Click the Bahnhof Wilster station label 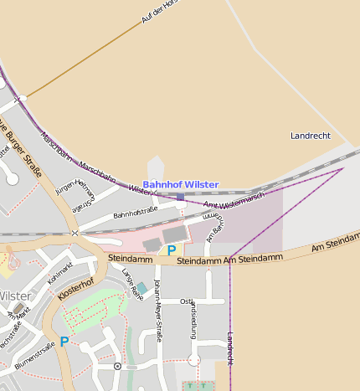coord(180,184)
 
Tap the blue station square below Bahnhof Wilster coord(180,198)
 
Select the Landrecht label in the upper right coord(310,136)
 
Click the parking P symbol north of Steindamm coord(172,250)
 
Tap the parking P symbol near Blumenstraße coord(64,342)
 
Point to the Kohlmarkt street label coord(59,273)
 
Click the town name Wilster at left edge coord(15,296)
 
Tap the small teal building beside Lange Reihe coord(141,288)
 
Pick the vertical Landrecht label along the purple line coord(230,347)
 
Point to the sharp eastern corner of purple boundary coord(343,168)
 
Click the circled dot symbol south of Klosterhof coord(117,366)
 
